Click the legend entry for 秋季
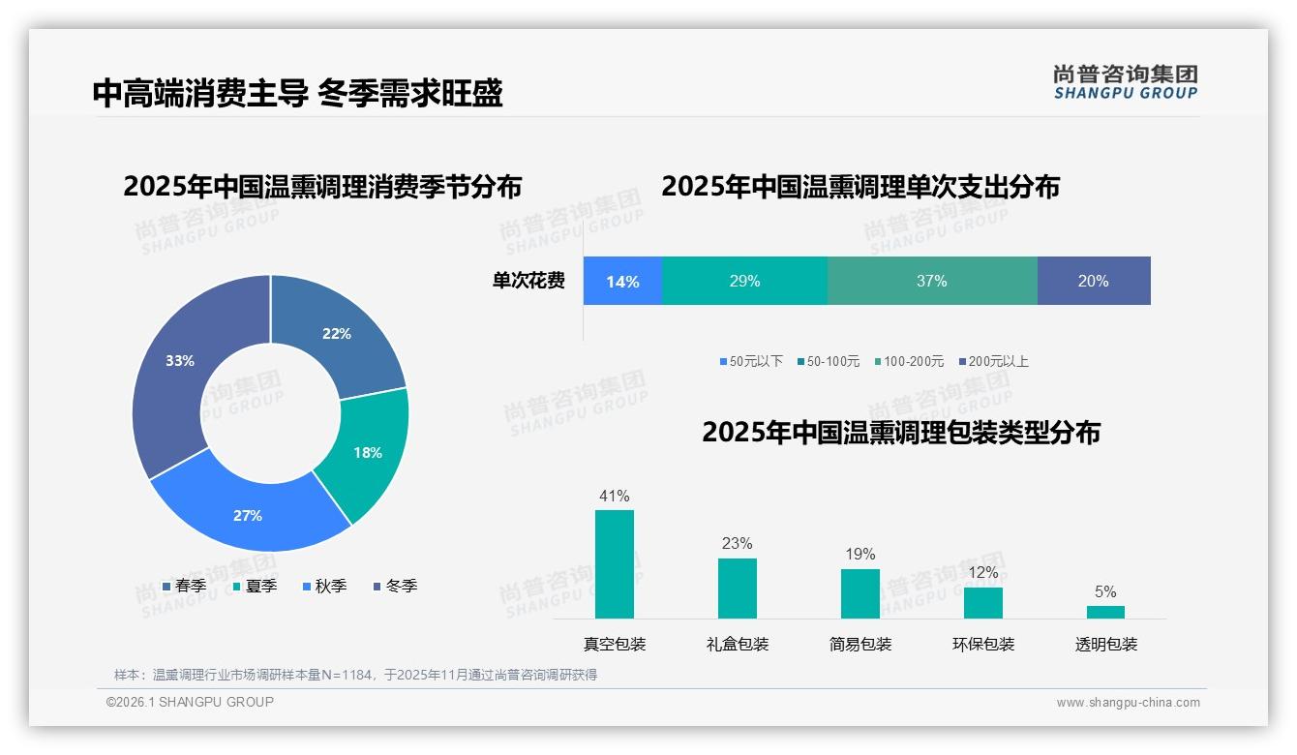click(325, 587)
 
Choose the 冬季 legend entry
click(396, 587)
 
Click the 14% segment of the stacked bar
click(622, 282)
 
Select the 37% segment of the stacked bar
click(931, 282)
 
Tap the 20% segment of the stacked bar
click(1093, 282)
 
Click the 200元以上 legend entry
click(994, 362)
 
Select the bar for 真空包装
click(614, 564)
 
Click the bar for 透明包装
click(1105, 612)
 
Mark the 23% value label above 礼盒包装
click(737, 544)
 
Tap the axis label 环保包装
click(983, 645)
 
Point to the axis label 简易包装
click(860, 645)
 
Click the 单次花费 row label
click(528, 282)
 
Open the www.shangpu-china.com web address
click(1128, 703)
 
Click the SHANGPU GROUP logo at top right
click(1125, 82)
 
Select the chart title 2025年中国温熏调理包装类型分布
click(900, 433)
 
